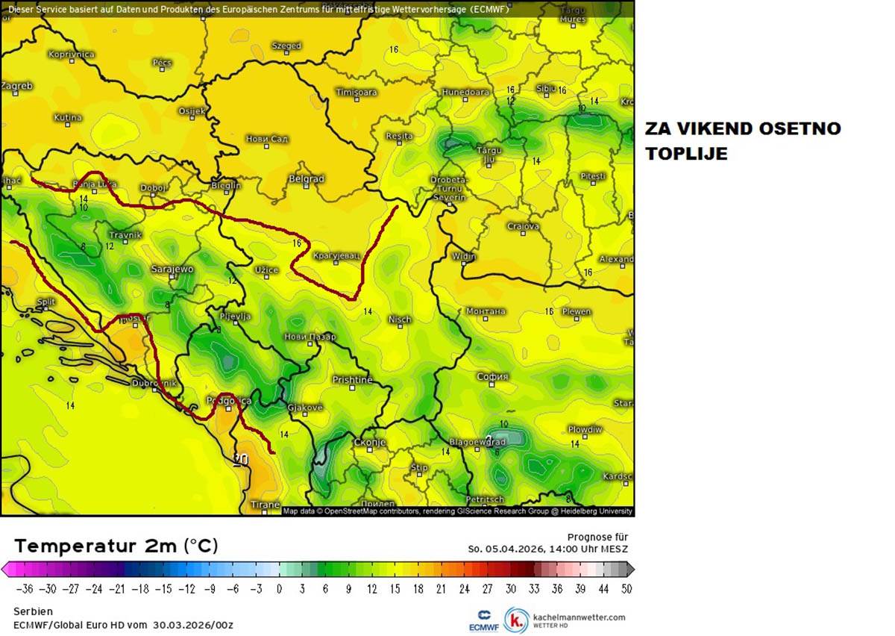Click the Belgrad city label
(x=306, y=179)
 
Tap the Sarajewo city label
(x=172, y=269)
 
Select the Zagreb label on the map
(x=16, y=86)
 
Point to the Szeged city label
(x=286, y=46)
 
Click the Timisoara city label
(x=357, y=93)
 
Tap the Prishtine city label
(x=352, y=380)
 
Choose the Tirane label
(x=265, y=505)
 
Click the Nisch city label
(x=400, y=319)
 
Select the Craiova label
(x=523, y=226)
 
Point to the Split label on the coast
(x=46, y=302)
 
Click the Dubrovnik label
(x=154, y=383)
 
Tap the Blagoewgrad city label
(x=478, y=442)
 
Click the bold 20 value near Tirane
(x=240, y=459)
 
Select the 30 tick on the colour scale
(x=510, y=588)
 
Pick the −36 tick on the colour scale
(x=24, y=588)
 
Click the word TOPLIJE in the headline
(x=686, y=154)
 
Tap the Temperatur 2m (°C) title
(x=116, y=546)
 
